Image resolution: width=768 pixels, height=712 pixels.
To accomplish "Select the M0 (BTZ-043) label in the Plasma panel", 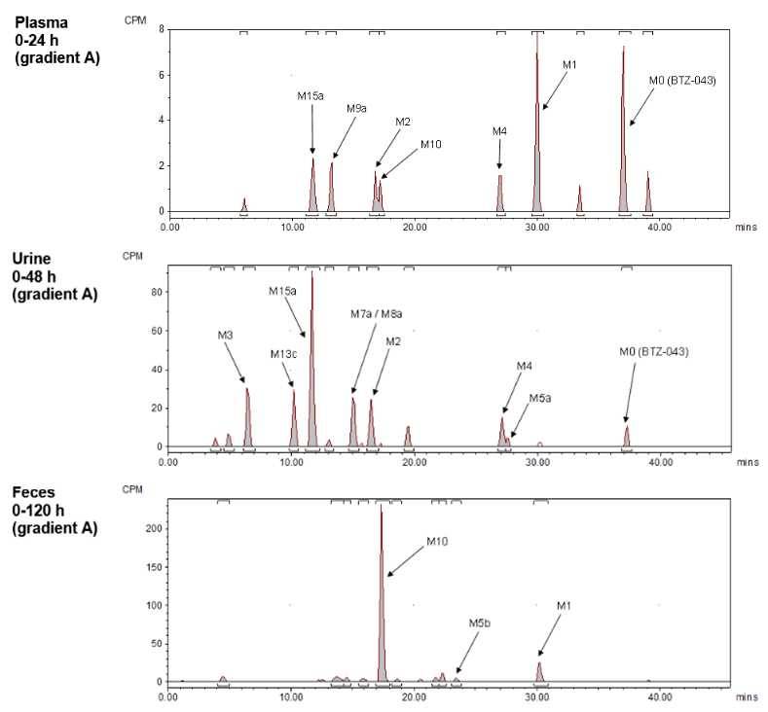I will [682, 81].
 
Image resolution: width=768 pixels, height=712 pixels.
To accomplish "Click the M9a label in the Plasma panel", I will [356, 109].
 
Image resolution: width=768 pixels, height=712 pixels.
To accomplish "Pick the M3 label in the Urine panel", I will [226, 335].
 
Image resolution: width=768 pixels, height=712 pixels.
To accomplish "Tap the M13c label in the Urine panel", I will [283, 353].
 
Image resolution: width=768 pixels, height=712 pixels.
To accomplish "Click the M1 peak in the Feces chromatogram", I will [540, 672].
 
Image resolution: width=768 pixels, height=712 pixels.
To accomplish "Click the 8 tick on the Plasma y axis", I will [159, 29].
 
